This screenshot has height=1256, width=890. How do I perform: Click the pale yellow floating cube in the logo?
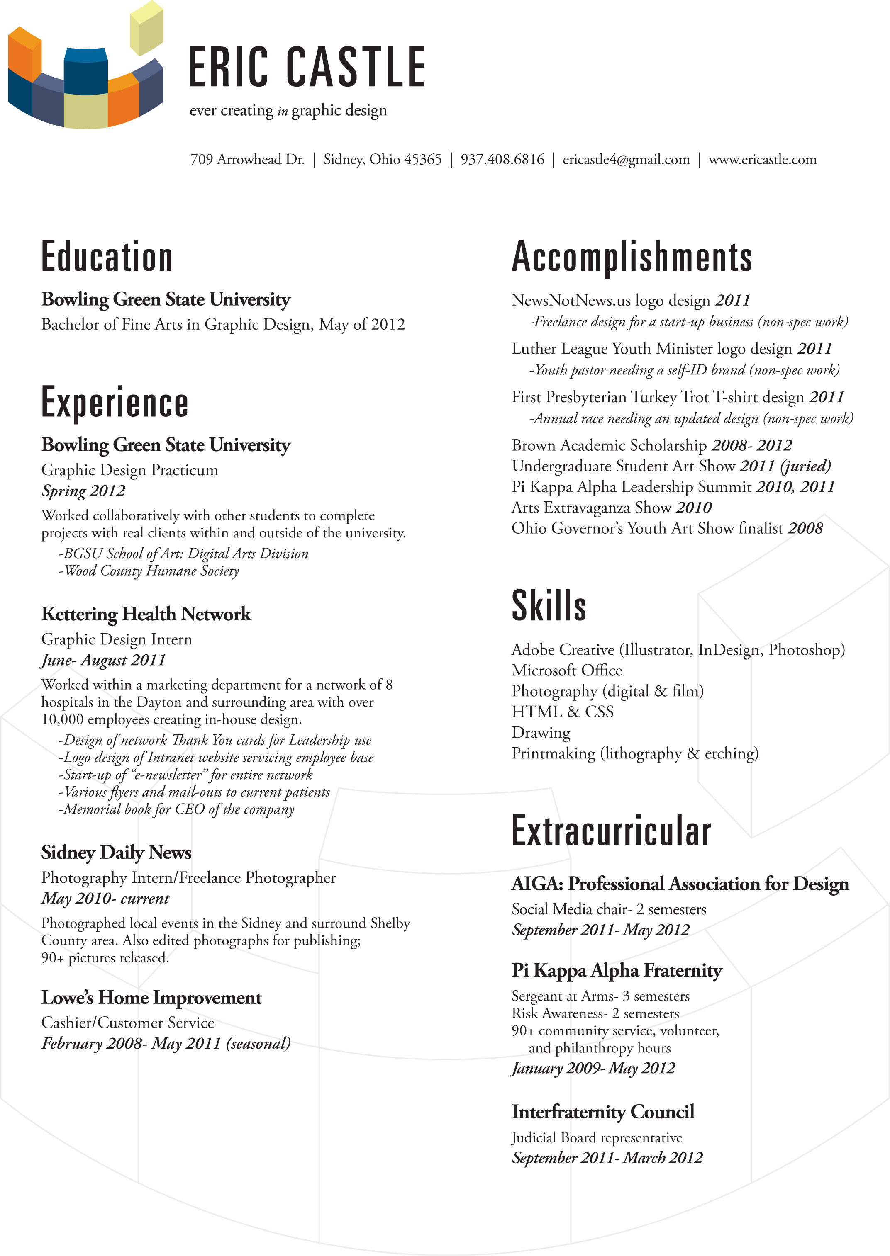(x=146, y=29)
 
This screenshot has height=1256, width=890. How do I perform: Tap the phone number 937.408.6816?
(x=502, y=159)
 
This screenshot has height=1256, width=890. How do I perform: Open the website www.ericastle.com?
(x=762, y=159)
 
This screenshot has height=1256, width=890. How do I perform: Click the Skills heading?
(x=549, y=606)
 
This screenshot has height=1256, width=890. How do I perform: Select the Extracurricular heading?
(x=611, y=831)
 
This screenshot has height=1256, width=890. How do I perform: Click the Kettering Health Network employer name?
(x=146, y=614)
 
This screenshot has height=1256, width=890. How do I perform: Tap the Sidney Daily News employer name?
(x=116, y=852)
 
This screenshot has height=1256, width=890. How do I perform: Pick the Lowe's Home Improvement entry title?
(x=151, y=997)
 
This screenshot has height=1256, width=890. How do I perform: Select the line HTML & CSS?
(x=562, y=712)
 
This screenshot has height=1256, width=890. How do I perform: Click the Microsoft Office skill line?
(x=567, y=671)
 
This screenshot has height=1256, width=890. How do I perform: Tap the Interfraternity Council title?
(x=603, y=1111)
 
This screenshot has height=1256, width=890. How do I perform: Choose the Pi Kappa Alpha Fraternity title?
(x=617, y=970)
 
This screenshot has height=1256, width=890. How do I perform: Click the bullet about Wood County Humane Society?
(x=149, y=571)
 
